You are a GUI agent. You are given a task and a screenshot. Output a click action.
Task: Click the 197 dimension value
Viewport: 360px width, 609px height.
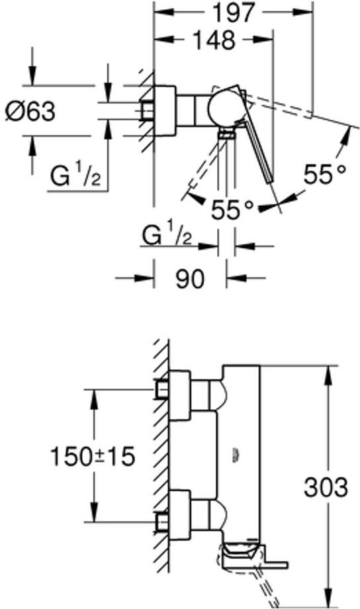point(233,12)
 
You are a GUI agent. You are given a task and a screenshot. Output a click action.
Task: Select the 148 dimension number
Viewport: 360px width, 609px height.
point(214,40)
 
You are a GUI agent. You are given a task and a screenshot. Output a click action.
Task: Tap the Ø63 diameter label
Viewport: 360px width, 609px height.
point(30,111)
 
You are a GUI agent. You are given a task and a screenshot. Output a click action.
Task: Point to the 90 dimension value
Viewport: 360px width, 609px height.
point(190,278)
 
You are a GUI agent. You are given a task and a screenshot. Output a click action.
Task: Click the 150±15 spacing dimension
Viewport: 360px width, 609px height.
point(93,456)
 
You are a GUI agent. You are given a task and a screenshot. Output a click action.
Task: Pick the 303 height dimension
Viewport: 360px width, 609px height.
point(326,487)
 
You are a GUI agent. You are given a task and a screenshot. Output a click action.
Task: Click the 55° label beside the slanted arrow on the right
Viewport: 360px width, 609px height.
point(325,174)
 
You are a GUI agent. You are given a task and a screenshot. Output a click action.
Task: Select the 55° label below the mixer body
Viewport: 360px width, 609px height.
point(232,210)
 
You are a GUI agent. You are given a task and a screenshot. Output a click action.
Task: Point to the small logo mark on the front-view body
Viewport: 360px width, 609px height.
point(234,455)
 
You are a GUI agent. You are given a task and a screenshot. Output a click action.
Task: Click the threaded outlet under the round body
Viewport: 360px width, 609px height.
point(227,133)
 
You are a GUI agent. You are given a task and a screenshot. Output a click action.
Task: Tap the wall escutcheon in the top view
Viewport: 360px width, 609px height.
point(165,111)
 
